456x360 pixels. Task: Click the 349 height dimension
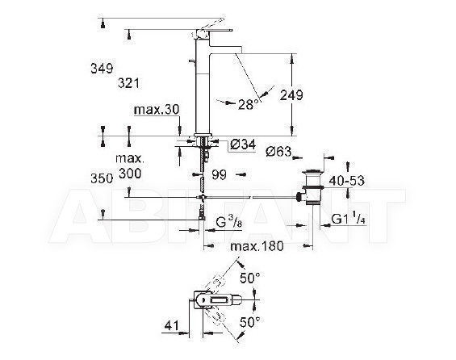(x=102, y=69)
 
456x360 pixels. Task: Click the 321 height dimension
(x=128, y=83)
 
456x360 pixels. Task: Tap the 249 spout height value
(x=291, y=95)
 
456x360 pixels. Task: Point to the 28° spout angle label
(x=249, y=104)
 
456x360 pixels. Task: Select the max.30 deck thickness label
(x=157, y=110)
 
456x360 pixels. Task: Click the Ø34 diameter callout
(x=243, y=144)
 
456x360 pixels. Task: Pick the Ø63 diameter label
(x=278, y=151)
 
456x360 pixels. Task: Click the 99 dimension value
(x=219, y=175)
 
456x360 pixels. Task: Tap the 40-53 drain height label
(x=346, y=181)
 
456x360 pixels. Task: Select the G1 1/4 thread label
(x=348, y=219)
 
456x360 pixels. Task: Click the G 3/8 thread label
(x=229, y=223)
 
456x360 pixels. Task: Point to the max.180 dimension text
(x=257, y=246)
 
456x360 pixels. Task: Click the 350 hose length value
(x=102, y=178)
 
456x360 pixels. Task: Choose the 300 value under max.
(x=130, y=174)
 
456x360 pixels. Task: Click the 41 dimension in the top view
(x=172, y=325)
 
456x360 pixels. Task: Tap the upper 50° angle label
(x=250, y=278)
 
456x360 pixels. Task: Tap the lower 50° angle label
(x=250, y=322)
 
